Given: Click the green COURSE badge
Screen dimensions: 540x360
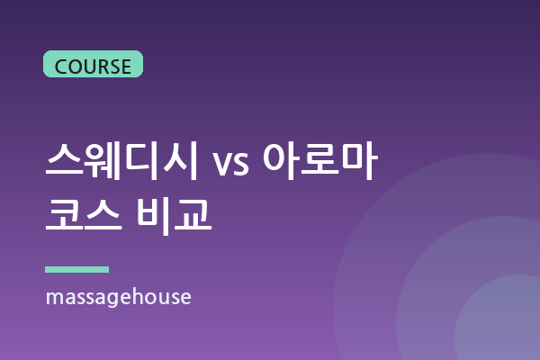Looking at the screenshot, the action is pyautogui.click(x=93, y=64).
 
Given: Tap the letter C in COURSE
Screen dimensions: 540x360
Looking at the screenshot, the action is pyautogui.click(x=61, y=67).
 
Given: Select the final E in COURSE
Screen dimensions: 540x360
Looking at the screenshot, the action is pyautogui.click(x=125, y=67).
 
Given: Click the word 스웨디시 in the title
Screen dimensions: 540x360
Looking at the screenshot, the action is pyautogui.click(x=121, y=161).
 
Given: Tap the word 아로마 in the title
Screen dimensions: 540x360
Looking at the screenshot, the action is pyautogui.click(x=320, y=160).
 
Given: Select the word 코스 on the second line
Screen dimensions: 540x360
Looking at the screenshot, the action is pyautogui.click(x=84, y=215).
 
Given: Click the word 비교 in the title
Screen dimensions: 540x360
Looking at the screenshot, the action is pyautogui.click(x=174, y=216).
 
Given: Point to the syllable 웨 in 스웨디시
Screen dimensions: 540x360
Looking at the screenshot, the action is pyautogui.click(x=103, y=161).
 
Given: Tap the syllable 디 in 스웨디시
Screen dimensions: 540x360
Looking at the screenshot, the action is pyautogui.click(x=141, y=161).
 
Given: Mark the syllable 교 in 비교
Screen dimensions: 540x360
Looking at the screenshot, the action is pyautogui.click(x=193, y=215).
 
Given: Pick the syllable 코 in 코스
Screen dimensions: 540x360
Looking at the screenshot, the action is pyautogui.click(x=65, y=215).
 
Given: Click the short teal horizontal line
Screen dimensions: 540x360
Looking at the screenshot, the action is pyautogui.click(x=76, y=269).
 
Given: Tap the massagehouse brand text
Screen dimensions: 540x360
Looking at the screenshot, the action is pyautogui.click(x=119, y=297).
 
